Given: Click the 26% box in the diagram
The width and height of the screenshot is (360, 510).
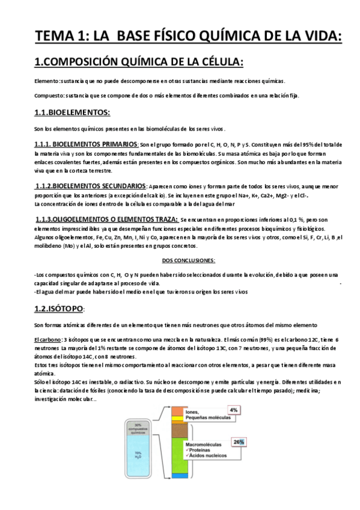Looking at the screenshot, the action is (239, 442).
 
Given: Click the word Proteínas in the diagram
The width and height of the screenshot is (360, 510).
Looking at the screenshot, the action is (203, 451).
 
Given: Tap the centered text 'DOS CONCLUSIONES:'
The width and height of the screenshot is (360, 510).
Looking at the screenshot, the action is (189, 260).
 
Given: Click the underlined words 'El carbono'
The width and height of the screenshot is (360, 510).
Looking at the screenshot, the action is (47, 340).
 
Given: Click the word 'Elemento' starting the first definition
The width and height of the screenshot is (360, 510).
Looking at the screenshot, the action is (47, 81).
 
